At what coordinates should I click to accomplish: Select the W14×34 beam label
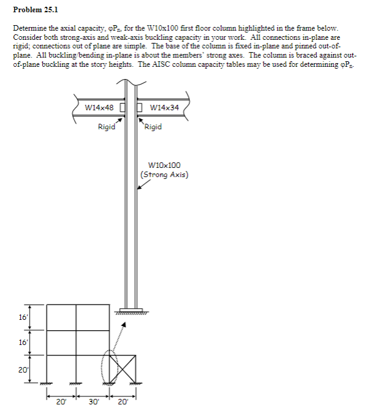point(165,108)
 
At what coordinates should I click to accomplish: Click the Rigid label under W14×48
point(107,127)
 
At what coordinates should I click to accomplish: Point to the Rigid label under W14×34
point(153,127)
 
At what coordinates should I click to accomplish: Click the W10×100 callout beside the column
point(165,165)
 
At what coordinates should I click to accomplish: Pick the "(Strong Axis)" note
point(165,174)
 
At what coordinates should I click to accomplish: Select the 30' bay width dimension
point(93,402)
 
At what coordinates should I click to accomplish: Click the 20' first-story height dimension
point(21,369)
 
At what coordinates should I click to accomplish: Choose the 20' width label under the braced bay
point(122,402)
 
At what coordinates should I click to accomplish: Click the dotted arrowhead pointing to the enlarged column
point(129,326)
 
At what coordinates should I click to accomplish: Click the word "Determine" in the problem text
point(29,29)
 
